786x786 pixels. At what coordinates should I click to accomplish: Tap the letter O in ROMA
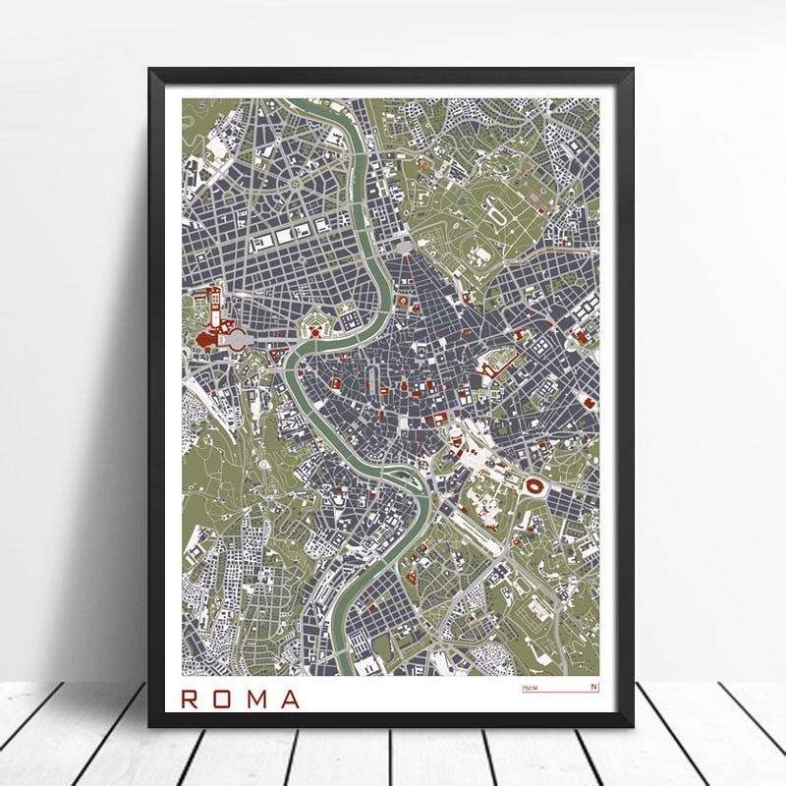[x=226, y=699]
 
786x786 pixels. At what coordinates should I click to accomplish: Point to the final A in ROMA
[x=291, y=699]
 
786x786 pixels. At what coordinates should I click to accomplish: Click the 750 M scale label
[x=531, y=688]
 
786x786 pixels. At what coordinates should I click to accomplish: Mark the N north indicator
[x=593, y=687]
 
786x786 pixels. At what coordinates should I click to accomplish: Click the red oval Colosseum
[x=536, y=485]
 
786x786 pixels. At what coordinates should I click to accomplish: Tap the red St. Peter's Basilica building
[x=208, y=340]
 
